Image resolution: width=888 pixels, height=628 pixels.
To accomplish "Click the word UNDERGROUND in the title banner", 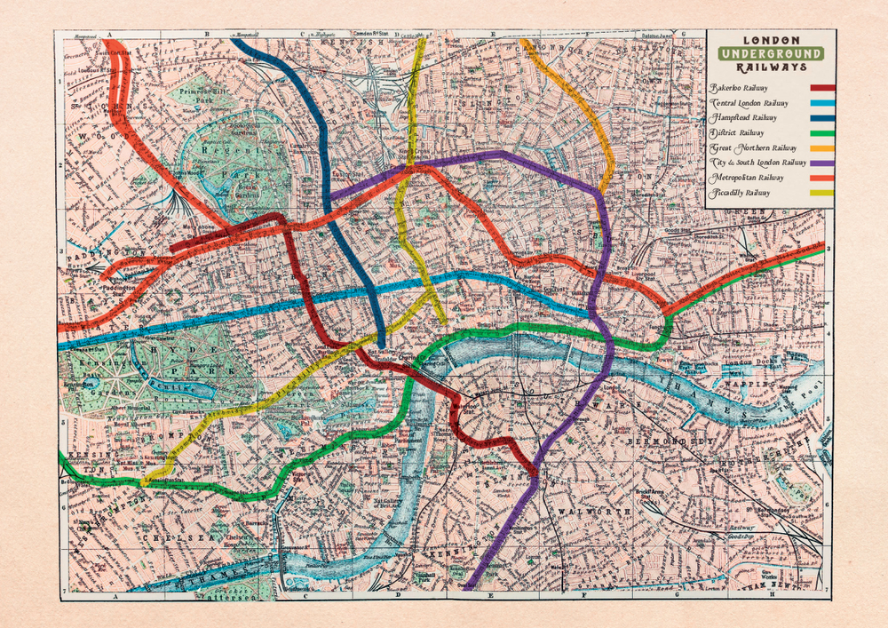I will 770,53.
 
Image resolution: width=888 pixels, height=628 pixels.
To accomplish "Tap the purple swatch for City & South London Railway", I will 822,163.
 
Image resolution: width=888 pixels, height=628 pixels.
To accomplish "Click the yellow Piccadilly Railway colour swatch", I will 822,193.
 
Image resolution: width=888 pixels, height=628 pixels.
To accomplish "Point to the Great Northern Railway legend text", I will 753,147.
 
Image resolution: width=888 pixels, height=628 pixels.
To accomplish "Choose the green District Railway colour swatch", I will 822,133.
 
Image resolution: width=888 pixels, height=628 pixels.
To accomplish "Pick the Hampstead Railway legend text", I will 743,117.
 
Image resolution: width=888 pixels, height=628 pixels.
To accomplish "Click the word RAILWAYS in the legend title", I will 770,67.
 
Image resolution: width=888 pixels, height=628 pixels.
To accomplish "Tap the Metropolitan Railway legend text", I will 748,178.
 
